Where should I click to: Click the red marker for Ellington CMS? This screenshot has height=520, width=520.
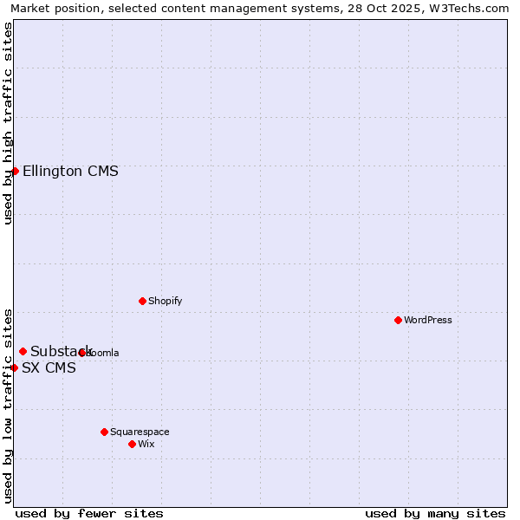15,171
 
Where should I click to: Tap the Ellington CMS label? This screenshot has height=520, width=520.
70,172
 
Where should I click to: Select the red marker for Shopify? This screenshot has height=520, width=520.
142,301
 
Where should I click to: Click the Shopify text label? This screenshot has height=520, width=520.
165,302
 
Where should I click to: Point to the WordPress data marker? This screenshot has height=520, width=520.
398,320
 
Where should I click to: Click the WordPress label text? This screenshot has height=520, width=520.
427,321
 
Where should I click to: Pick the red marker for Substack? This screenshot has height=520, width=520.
23,351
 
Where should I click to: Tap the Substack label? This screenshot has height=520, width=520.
61,351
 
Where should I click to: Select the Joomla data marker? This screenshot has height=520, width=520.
82,353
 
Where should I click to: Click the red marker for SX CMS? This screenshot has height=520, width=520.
14,367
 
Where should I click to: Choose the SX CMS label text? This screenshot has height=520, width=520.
49,368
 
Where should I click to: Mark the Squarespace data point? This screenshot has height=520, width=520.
104,432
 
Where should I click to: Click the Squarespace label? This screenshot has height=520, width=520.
140,432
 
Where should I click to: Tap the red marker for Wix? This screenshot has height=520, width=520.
132,444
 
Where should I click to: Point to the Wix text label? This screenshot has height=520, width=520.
146,445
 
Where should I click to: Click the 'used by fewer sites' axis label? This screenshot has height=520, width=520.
89,513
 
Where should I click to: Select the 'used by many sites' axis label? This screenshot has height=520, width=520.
435,513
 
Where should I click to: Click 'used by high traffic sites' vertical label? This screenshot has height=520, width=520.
8,123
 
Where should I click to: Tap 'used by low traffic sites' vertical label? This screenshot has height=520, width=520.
8,405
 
